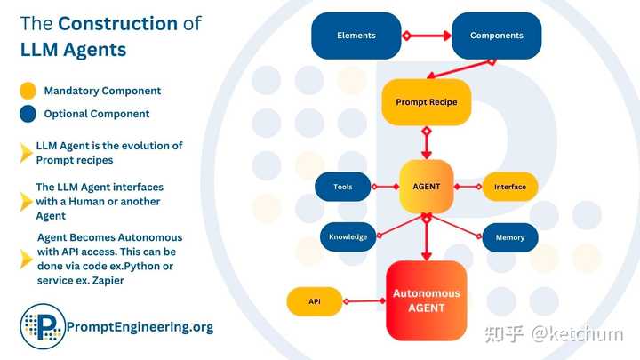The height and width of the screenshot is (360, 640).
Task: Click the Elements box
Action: click(356, 36)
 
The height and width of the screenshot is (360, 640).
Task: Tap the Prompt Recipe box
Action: click(425, 102)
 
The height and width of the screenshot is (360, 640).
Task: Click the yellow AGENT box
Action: click(426, 187)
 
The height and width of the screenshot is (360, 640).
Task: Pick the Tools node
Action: click(343, 187)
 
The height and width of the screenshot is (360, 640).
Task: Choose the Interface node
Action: click(510, 187)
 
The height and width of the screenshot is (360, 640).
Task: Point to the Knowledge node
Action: click(348, 237)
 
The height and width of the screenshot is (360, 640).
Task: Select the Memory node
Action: click(510, 237)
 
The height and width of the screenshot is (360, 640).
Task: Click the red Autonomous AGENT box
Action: click(426, 300)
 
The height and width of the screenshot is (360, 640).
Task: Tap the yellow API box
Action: click(315, 301)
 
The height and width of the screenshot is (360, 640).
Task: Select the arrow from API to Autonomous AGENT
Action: click(364, 301)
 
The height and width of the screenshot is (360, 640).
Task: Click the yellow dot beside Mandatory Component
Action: click(28, 91)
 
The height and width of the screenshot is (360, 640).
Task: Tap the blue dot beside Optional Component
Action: click(28, 114)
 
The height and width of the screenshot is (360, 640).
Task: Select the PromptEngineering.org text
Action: click(140, 327)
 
